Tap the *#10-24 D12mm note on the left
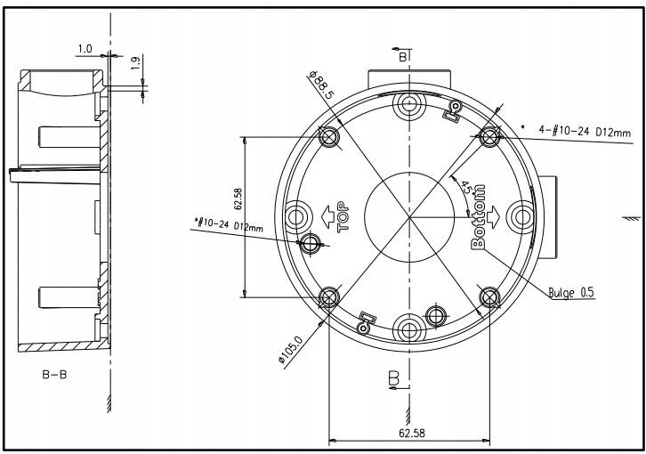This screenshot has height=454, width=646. [229, 226]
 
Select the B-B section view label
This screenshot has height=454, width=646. [54, 375]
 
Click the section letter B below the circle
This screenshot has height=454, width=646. [392, 379]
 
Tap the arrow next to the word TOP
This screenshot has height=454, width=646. [327, 217]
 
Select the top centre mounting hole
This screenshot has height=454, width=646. [408, 104]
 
